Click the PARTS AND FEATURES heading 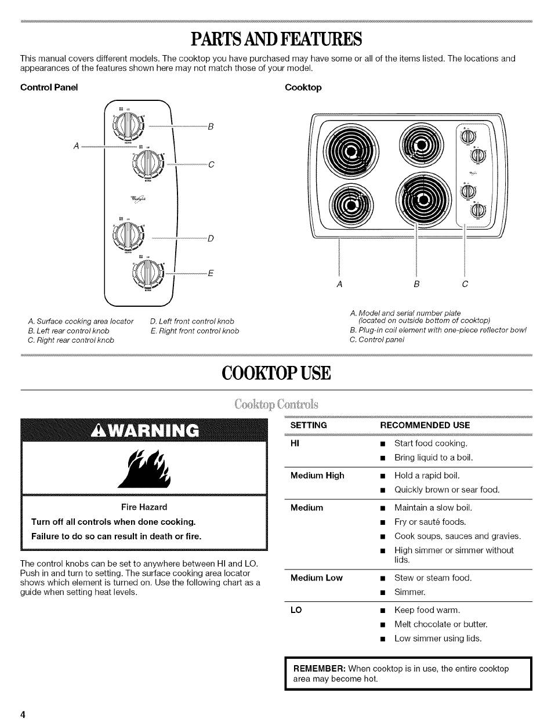point(276,39)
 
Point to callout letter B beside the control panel point(211,126)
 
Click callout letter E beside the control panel point(211,274)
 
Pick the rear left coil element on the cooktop point(350,153)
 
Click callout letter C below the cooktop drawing point(465,284)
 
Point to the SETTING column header point(309,425)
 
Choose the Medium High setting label point(317,476)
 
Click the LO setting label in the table point(295,610)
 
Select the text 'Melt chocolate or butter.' point(441,624)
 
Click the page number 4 point(23,714)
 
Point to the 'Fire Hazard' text point(144,507)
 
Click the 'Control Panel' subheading point(49,88)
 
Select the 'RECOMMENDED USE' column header point(425,425)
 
